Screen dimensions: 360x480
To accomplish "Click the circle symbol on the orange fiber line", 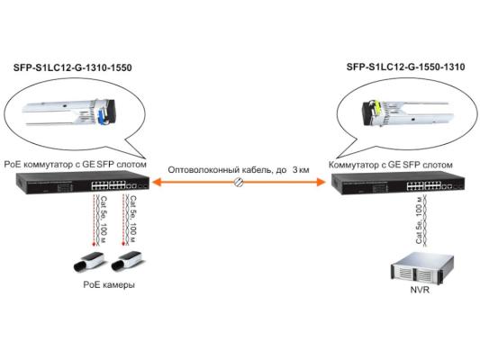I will click(239, 183).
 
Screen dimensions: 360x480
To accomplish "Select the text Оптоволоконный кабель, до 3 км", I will click(239, 167).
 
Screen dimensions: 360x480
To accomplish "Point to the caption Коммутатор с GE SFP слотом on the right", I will click(390, 166).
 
